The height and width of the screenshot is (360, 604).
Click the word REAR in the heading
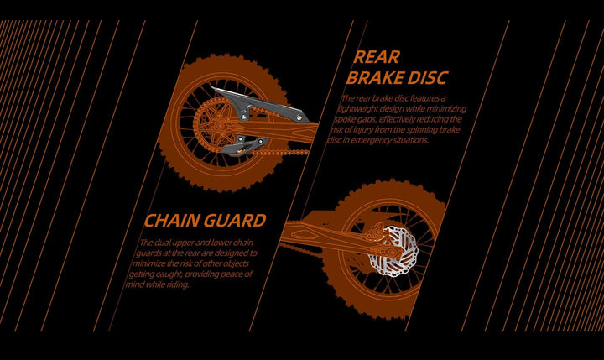(377, 57)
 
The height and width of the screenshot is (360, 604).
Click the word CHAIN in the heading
(173, 221)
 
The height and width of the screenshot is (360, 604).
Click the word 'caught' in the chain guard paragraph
(178, 274)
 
